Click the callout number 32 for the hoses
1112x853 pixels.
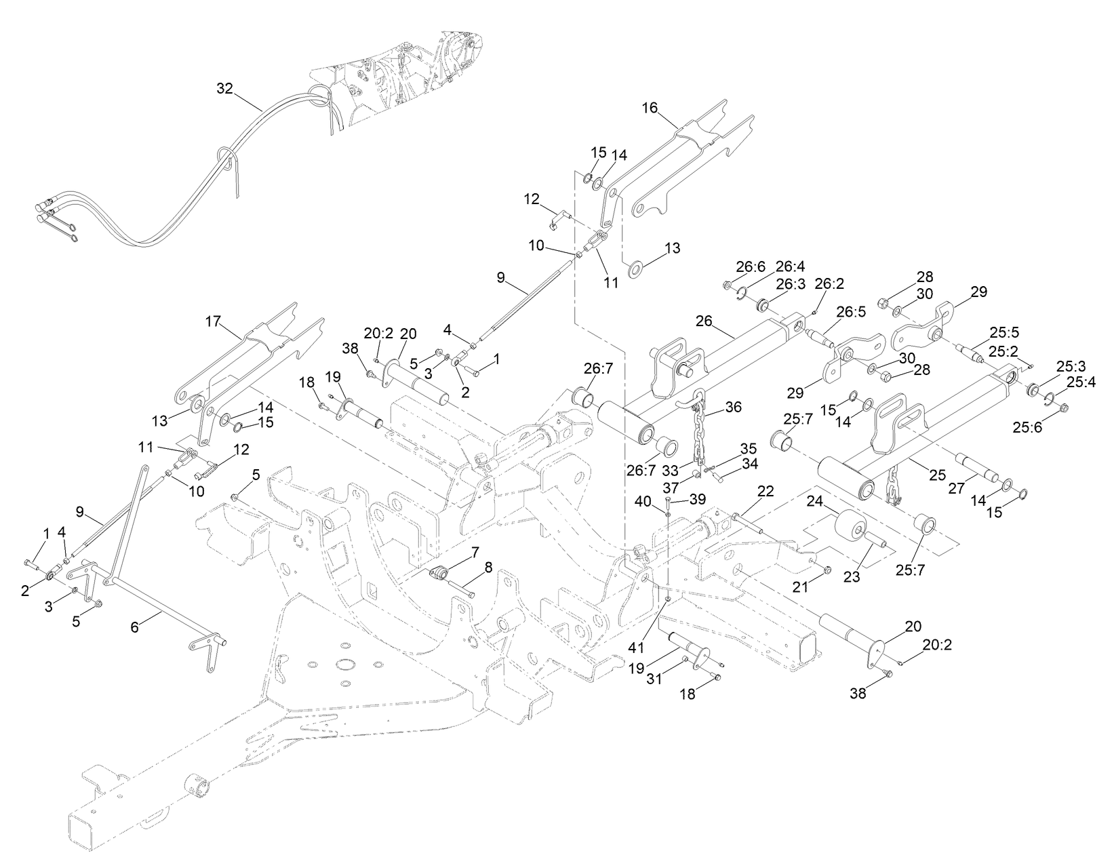[x=224, y=88]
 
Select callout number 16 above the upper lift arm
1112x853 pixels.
[x=650, y=108]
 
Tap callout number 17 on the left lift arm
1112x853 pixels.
[x=214, y=321]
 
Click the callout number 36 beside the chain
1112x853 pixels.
[x=733, y=407]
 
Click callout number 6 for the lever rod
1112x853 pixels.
[x=134, y=628]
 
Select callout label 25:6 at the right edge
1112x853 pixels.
[x=1030, y=426]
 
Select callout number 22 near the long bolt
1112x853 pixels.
[x=766, y=492]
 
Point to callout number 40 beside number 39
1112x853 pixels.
[x=642, y=500]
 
